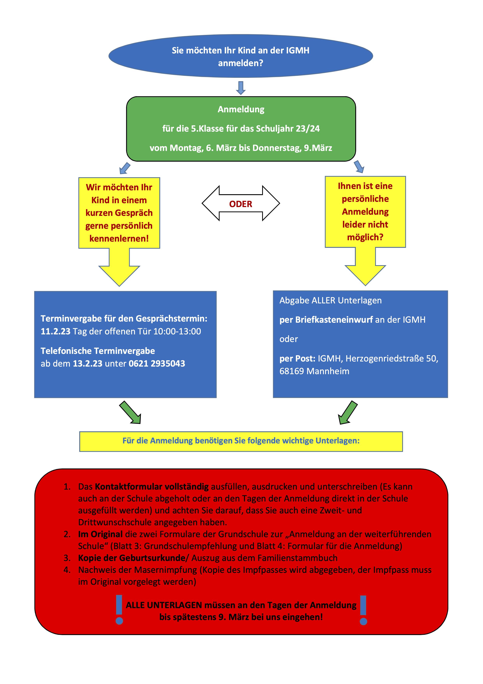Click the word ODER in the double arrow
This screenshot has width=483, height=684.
[x=241, y=204]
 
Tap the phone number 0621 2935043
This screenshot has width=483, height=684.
[x=157, y=363]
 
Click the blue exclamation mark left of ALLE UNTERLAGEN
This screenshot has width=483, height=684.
[x=119, y=610]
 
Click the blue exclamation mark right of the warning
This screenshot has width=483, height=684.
[x=363, y=610]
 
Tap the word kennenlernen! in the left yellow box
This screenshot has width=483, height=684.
[x=119, y=239]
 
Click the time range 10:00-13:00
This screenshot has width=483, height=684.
[x=177, y=331]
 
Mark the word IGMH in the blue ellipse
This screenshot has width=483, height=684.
[x=298, y=50]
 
